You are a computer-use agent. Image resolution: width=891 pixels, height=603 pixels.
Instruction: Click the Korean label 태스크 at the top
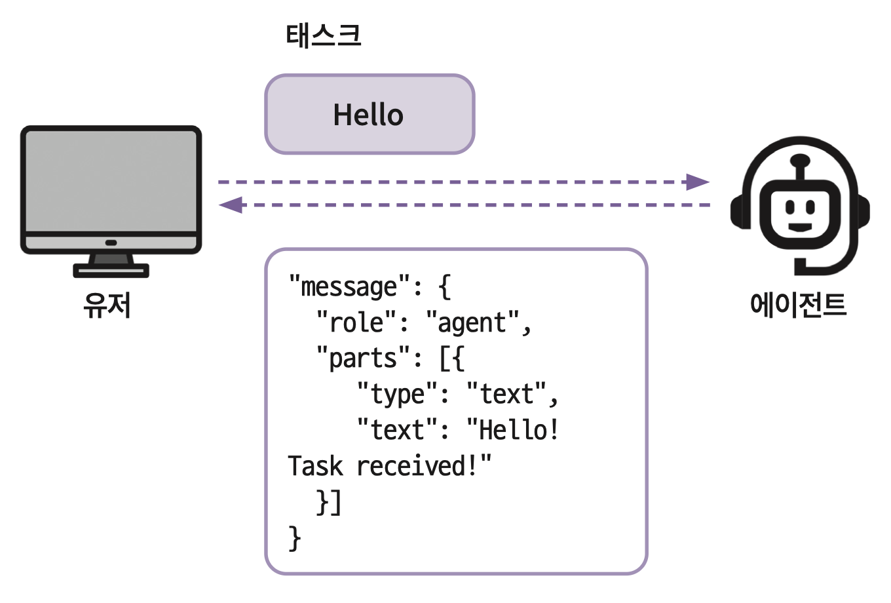pos(324,35)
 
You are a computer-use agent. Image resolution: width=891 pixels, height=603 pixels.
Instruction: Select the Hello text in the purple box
pos(368,115)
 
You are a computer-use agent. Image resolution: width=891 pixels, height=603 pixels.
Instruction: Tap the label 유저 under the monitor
pos(107,305)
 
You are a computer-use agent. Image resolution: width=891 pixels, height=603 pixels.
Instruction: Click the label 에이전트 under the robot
pos(798,305)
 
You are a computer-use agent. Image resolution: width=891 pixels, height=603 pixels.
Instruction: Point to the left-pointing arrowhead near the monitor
pos(231,205)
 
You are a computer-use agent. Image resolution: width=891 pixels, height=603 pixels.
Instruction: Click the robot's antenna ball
pos(800,160)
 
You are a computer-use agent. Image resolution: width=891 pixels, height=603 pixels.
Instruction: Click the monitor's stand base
pos(111,269)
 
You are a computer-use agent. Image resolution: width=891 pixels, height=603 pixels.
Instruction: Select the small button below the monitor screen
pos(111,243)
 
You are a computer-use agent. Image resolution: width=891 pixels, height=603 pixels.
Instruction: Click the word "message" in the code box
pos(349,287)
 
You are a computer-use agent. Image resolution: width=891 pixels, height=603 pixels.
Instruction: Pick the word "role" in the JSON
pos(356,322)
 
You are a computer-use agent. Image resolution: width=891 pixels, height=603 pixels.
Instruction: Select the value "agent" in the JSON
pos(472,322)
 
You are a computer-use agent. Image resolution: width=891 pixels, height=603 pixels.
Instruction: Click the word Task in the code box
pos(315,466)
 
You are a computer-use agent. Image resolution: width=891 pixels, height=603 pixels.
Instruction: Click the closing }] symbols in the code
pos(329,502)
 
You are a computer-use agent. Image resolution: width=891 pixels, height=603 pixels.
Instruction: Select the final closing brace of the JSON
pos(295,538)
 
